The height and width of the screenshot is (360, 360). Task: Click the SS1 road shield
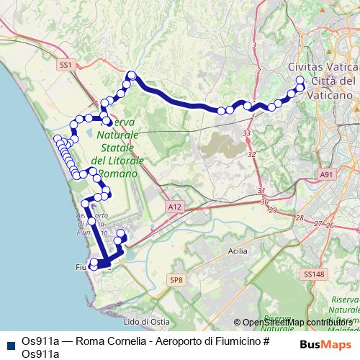67,65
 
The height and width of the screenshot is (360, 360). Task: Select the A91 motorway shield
327,174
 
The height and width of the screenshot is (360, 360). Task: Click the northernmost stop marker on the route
131,74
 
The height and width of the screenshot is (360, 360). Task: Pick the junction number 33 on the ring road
247,134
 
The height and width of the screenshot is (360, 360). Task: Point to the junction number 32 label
252,154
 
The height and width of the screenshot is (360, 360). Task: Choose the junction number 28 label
300,217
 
